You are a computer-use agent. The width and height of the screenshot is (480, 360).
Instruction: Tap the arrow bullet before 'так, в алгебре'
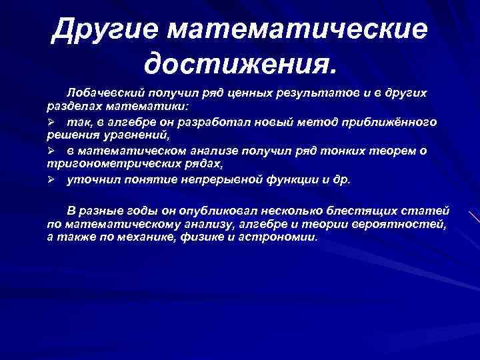click(51, 123)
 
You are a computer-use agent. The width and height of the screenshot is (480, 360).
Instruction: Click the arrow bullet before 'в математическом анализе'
click(51, 151)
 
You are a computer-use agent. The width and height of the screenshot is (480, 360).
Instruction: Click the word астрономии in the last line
click(283, 237)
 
